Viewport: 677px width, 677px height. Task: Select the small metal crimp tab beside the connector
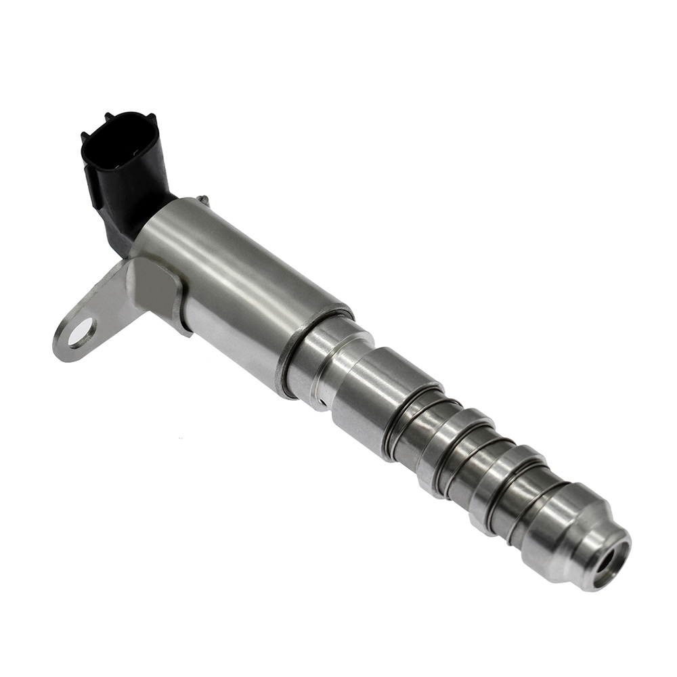(202, 200)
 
